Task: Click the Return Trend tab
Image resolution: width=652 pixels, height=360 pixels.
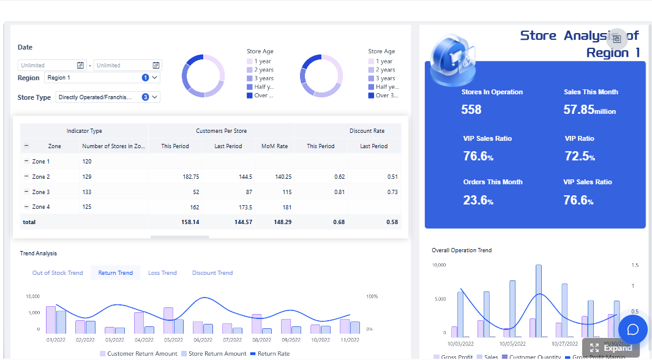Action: (115, 273)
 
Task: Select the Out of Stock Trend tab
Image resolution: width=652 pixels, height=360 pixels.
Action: (58, 273)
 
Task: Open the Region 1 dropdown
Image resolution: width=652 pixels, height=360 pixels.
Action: (102, 78)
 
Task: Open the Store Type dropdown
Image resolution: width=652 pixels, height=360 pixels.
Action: (107, 97)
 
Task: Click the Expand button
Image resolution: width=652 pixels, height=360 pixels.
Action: (611, 348)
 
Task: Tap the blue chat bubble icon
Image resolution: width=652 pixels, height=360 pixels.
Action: (633, 329)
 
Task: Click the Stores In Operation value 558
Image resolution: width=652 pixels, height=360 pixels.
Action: (471, 110)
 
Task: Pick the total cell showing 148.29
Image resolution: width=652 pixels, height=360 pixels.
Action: (280, 222)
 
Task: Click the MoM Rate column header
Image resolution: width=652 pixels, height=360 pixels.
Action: (274, 146)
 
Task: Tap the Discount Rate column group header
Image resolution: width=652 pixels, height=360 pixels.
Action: (367, 131)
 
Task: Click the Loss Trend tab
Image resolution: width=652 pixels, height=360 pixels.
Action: (162, 273)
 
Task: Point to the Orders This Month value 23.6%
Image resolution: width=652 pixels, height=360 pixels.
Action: (478, 200)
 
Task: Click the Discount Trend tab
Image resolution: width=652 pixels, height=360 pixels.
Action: (212, 273)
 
